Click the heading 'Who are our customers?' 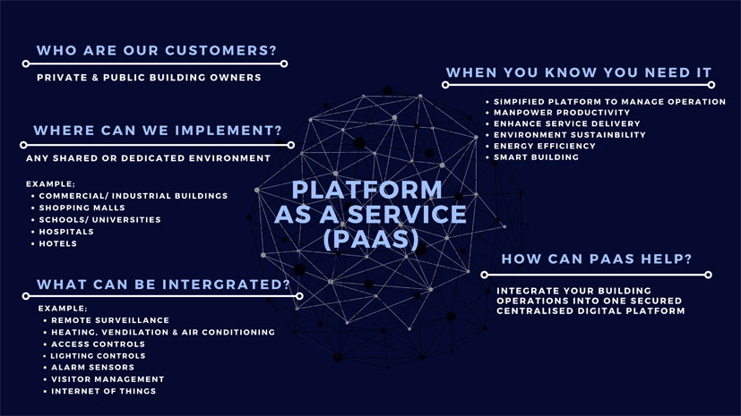tap(157, 50)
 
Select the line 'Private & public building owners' tap(149, 78)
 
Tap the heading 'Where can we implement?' tap(157, 131)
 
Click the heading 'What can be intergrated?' tap(163, 285)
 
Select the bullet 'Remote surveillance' tap(110, 320)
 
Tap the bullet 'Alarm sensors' tap(93, 367)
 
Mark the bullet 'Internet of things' tap(104, 391)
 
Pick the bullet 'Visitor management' tap(108, 378)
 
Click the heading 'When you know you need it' tap(579, 72)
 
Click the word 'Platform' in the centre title tap(368, 190)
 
